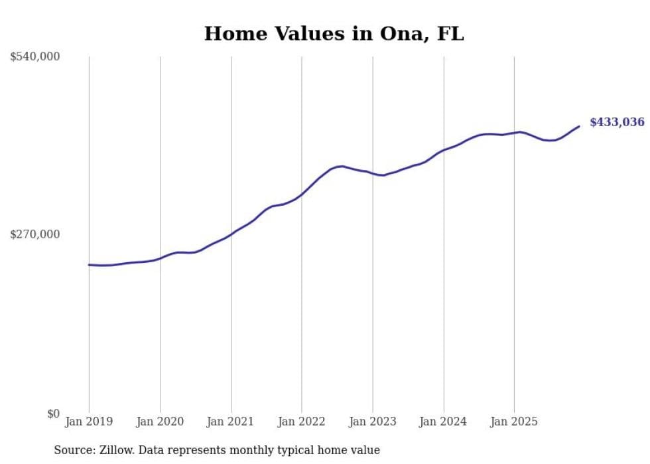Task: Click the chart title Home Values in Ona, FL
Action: point(334,34)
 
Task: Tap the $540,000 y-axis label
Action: point(34,57)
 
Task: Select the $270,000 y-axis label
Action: point(34,234)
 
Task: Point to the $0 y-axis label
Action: point(53,414)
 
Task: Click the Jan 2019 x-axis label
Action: point(89,422)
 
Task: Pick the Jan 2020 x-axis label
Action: point(160,422)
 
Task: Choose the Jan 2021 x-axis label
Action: point(230,422)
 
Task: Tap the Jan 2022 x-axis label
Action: point(301,422)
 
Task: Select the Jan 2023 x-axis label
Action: point(372,422)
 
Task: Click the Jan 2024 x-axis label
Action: point(443,422)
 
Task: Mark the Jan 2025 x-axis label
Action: point(514,422)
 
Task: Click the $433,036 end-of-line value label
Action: point(617,122)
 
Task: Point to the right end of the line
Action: point(579,126)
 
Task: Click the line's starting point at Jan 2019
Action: point(89,265)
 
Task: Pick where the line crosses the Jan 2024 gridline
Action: point(444,150)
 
